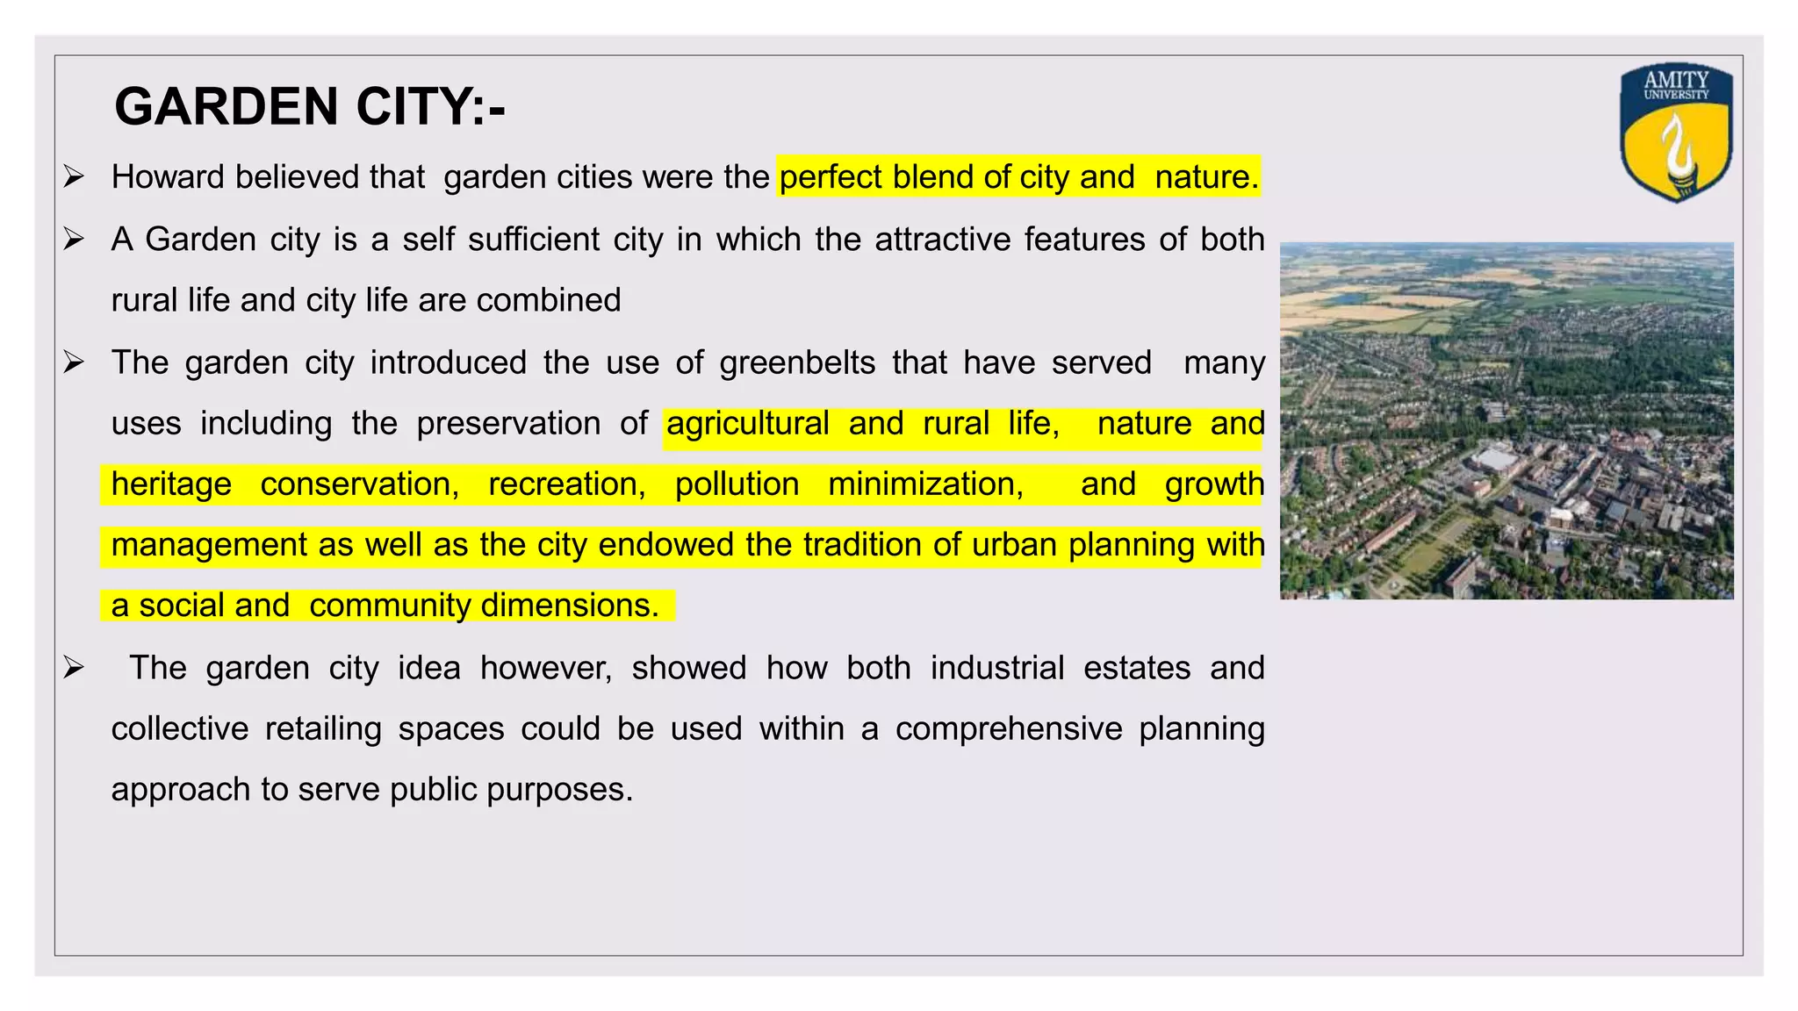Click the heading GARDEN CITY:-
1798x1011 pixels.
tap(310, 107)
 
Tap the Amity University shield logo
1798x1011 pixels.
tap(1675, 132)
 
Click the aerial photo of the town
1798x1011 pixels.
tap(1507, 420)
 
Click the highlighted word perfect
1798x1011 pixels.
tap(831, 177)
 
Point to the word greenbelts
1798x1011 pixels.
tap(797, 362)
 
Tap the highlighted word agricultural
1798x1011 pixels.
tap(748, 424)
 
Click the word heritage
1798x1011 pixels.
tap(171, 484)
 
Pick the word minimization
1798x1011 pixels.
tap(925, 484)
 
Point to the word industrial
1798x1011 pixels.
tap(997, 668)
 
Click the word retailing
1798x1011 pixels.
tap(323, 729)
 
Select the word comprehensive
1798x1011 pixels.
tap(1009, 729)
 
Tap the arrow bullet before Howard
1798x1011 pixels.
tap(74, 177)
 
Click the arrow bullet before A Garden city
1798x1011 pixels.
tap(74, 239)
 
